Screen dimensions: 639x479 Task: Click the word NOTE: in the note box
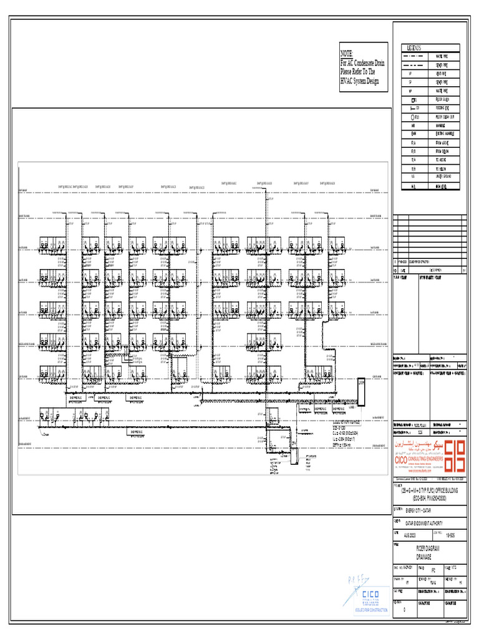(347, 54)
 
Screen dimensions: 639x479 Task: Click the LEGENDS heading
(415, 48)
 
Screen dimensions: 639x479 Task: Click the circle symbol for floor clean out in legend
(412, 117)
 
